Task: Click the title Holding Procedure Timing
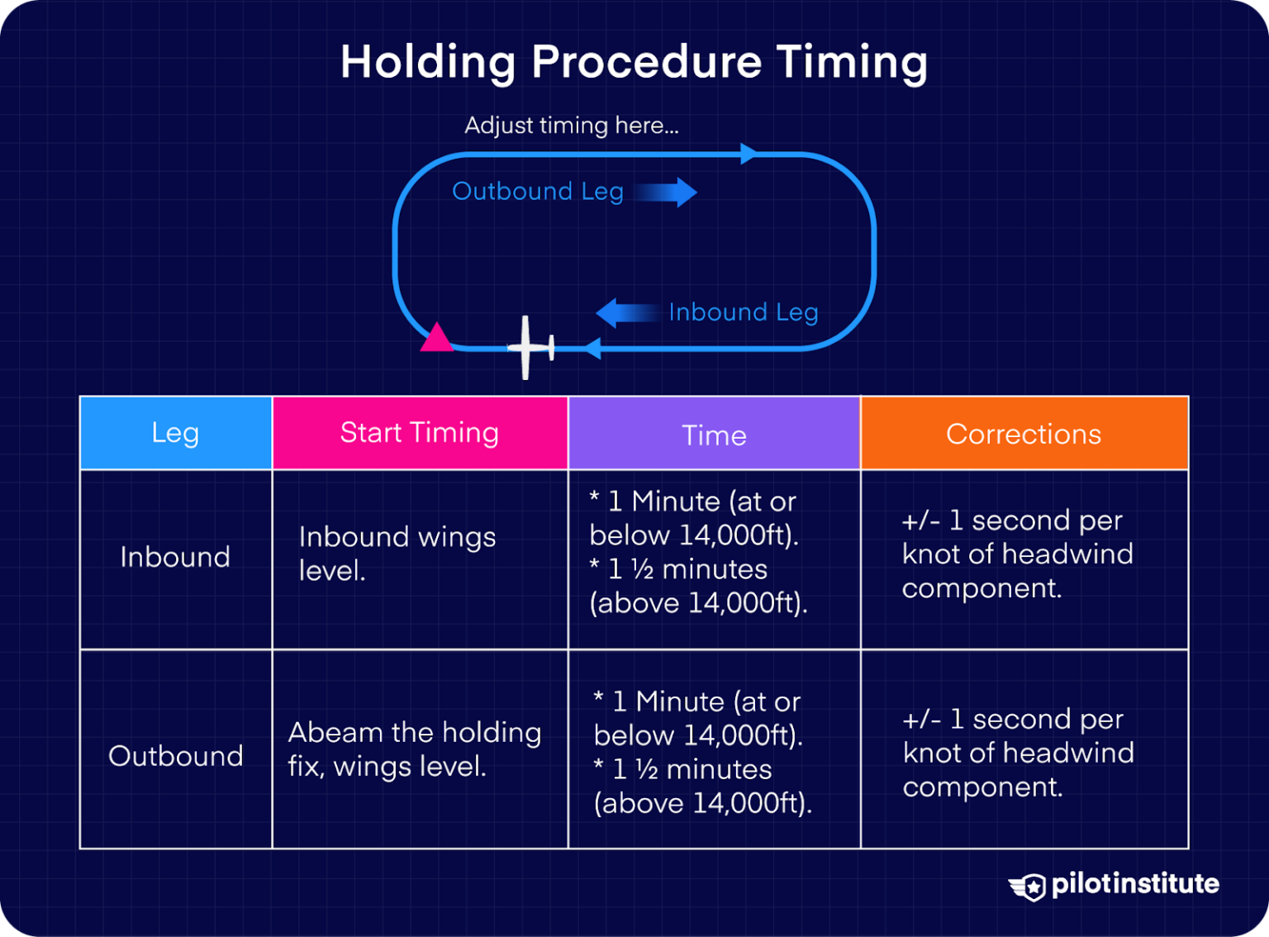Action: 634,63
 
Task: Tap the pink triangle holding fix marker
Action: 436,339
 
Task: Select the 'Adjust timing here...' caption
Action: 571,126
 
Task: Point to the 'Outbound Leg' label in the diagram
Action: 537,192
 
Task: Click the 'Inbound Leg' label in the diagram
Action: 743,312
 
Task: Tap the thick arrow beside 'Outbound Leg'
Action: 668,193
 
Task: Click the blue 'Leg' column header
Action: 175,433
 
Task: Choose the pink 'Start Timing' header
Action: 420,433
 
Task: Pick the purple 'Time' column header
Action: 714,435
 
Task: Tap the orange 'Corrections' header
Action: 1024,434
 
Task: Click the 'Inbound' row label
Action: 175,558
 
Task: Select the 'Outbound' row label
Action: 175,756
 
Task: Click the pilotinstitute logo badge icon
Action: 1029,887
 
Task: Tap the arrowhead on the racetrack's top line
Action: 749,154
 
